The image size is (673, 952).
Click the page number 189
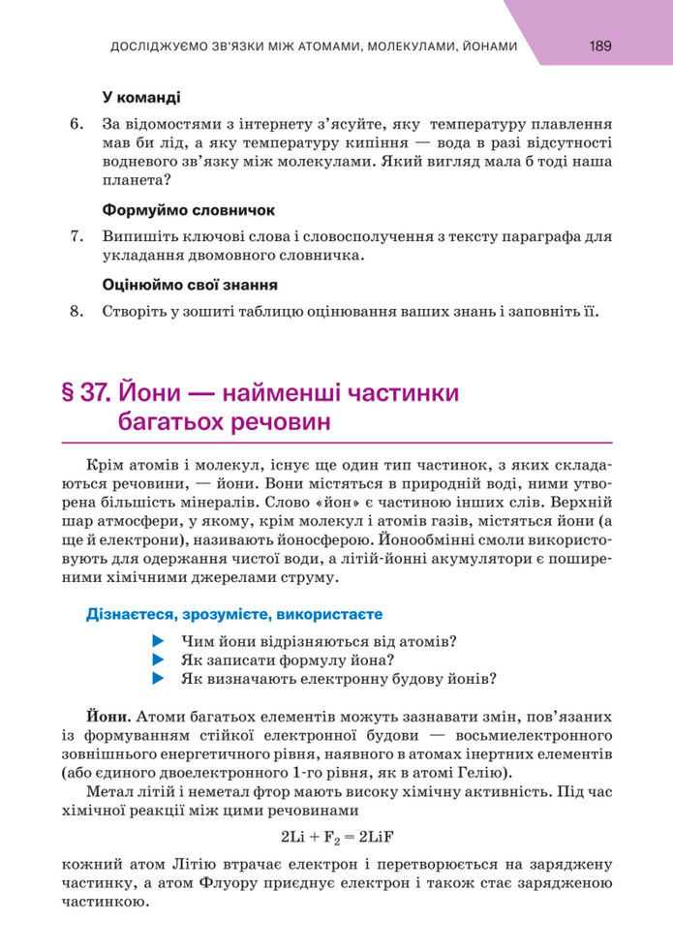click(x=599, y=46)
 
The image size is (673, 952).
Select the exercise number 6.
click(x=77, y=124)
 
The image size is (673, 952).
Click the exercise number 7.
click(x=77, y=235)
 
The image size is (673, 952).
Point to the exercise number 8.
click(x=77, y=312)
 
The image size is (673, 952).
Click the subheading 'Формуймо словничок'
click(x=189, y=209)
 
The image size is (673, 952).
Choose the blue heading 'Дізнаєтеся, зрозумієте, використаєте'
click(x=234, y=614)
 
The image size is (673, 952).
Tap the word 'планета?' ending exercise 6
click(x=136, y=179)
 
